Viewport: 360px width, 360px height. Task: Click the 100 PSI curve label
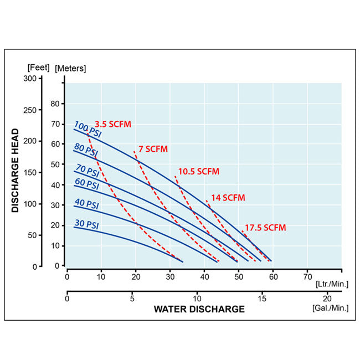pos(86,128)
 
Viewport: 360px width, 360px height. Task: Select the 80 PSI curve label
pos(86,150)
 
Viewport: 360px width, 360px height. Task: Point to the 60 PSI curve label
pos(86,184)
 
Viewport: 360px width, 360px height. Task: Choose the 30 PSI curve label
pos(86,225)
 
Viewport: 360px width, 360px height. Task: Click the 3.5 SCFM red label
pos(113,124)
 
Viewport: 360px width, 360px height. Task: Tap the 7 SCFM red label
pos(153,149)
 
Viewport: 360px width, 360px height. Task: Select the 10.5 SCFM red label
pos(199,172)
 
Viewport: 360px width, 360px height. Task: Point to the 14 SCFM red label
pos(228,198)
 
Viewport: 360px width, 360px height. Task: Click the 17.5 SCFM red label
pos(266,228)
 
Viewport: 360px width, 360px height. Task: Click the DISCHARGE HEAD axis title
pos(16,171)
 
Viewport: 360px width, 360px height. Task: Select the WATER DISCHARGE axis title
pos(199,309)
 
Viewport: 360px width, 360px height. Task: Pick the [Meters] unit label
pos(70,68)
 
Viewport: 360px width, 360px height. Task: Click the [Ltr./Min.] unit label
pos(331,284)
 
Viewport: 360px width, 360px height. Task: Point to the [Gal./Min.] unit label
pos(331,307)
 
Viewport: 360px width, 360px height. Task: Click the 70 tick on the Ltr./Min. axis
pos(307,275)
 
